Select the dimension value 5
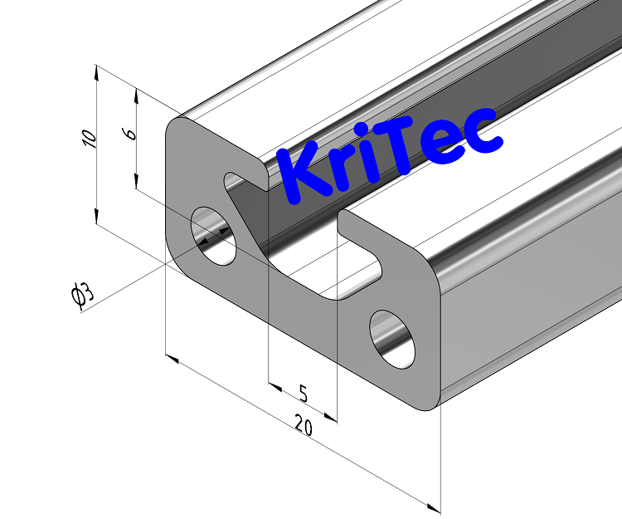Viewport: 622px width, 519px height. click(x=303, y=394)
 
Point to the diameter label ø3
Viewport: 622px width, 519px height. click(x=84, y=296)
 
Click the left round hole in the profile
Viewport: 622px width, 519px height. click(x=214, y=236)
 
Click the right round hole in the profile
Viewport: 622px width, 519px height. click(x=391, y=340)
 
